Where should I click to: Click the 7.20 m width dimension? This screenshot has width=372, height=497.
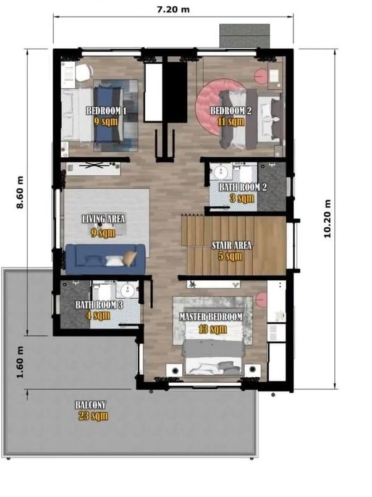[173, 9]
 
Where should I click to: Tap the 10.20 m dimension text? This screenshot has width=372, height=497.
[327, 219]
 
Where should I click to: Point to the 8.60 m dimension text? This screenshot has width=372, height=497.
[20, 193]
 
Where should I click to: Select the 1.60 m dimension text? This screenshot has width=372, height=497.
[20, 362]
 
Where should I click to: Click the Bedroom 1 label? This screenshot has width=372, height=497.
[106, 111]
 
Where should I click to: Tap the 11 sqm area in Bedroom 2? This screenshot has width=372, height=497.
[231, 121]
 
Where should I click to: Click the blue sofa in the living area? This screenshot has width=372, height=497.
[105, 258]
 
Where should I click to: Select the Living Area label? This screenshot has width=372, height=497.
[103, 219]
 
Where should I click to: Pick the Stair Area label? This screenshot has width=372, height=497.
[232, 245]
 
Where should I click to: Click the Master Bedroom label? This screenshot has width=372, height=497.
[211, 317]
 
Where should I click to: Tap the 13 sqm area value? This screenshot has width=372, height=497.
[213, 329]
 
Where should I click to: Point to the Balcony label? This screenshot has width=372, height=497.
[90, 405]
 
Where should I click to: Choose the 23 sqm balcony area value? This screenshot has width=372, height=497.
[93, 416]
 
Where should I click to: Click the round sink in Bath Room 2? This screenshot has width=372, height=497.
[220, 173]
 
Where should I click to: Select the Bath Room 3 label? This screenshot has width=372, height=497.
[99, 305]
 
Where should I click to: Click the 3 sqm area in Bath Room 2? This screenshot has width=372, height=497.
[242, 198]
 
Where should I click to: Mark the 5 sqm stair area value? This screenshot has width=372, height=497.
[230, 256]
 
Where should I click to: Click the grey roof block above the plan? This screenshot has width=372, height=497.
[245, 36]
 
